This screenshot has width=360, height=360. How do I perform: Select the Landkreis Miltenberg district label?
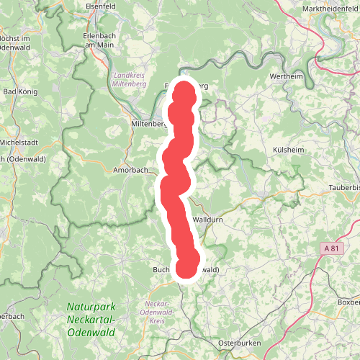[x=130, y=79]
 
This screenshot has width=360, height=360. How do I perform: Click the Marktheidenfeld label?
[x=327, y=9]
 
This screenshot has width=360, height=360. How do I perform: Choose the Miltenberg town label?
[x=148, y=124]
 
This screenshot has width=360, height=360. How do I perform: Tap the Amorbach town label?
[x=130, y=171]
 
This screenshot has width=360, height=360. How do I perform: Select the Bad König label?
[x=20, y=91]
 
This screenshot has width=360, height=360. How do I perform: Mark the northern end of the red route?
[x=184, y=91]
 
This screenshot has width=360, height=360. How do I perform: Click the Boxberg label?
[x=349, y=302]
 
